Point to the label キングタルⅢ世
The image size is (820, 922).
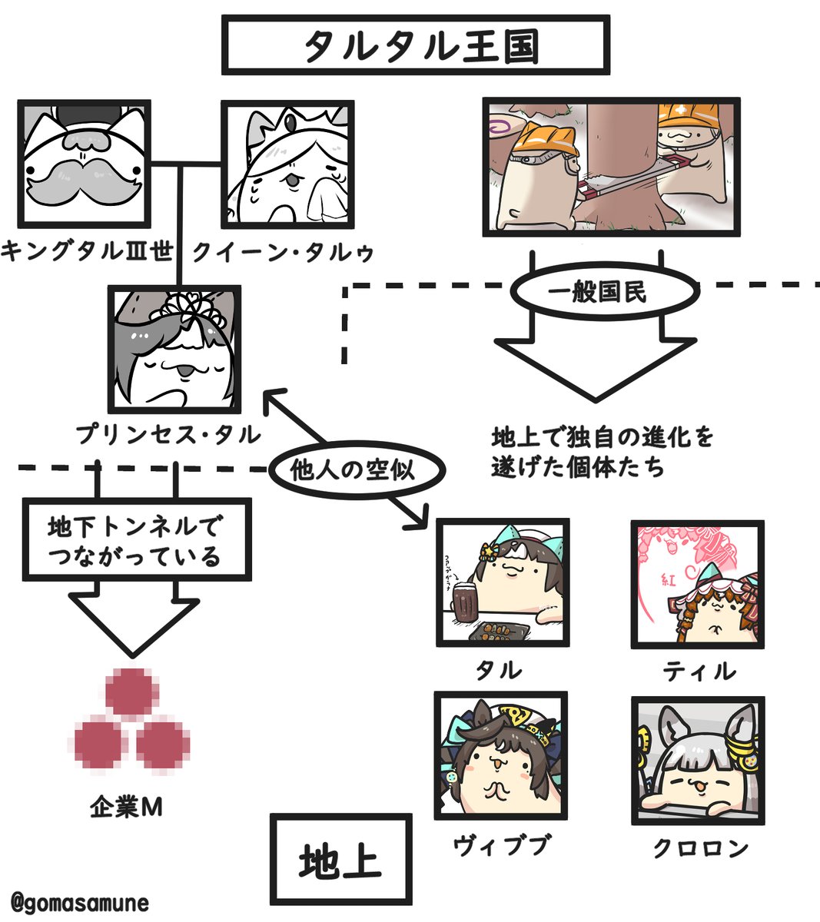pyautogui.click(x=86, y=251)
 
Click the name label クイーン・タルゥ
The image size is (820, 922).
pyautogui.click(x=283, y=252)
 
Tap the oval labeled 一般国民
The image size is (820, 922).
pyautogui.click(x=597, y=293)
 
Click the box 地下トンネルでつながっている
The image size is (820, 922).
pyautogui.click(x=136, y=540)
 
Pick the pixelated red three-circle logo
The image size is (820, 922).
pyautogui.click(x=131, y=719)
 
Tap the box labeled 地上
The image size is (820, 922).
pyautogui.click(x=340, y=860)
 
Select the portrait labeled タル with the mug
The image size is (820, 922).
pyautogui.click(x=503, y=582)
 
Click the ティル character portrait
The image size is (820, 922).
pyautogui.click(x=697, y=584)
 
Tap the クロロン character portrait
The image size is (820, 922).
pyautogui.click(x=697, y=760)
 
